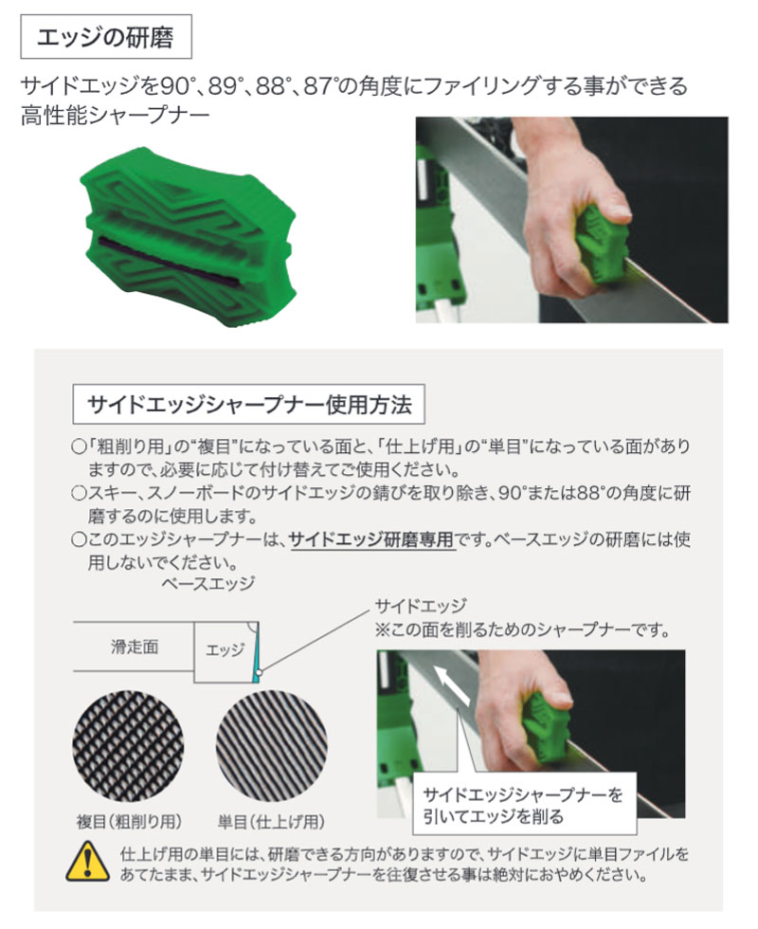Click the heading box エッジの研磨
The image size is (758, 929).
tap(106, 37)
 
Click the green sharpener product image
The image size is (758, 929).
tap(189, 237)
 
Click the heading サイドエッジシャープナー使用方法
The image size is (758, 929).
tap(248, 405)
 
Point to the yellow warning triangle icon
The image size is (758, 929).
tap(87, 862)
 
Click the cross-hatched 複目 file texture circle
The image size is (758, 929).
tap(128, 745)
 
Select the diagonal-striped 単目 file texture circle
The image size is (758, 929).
tap(271, 745)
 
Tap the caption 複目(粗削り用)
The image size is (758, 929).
tap(129, 822)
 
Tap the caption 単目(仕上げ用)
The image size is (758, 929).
tap(271, 822)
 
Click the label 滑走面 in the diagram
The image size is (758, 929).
tap(135, 647)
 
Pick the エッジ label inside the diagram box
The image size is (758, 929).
tap(225, 650)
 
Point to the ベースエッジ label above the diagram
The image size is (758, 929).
tap(208, 584)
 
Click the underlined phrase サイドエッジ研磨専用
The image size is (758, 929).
tap(371, 539)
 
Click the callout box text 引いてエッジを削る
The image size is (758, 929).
tap(493, 817)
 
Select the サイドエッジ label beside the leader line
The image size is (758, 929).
tap(421, 606)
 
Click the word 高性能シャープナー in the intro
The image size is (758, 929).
tap(116, 115)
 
